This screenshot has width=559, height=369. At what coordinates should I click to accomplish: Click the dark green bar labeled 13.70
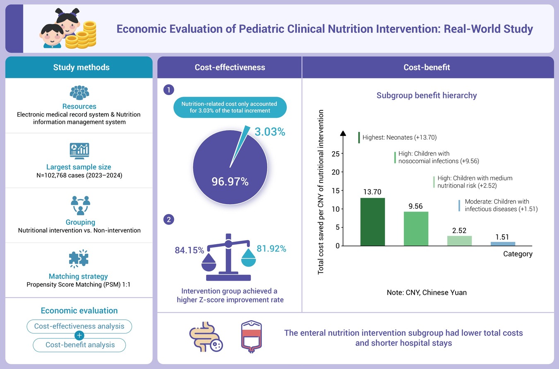372,222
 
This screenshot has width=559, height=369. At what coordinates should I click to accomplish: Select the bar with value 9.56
416,229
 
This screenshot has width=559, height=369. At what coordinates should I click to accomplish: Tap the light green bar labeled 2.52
459,240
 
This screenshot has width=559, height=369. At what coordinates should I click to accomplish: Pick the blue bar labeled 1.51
503,244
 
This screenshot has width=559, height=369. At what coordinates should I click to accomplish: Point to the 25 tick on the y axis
336,154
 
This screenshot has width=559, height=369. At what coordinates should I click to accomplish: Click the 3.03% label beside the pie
270,132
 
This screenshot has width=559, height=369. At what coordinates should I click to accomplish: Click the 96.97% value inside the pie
230,181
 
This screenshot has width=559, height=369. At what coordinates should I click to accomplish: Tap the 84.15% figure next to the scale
190,250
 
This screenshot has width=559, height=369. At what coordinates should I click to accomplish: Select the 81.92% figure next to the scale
271,248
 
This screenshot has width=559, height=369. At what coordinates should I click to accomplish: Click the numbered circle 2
169,219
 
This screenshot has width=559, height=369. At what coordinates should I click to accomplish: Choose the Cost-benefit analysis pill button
79,345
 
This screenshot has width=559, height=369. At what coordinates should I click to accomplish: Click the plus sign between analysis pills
79,336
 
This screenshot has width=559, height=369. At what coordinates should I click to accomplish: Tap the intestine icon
206,337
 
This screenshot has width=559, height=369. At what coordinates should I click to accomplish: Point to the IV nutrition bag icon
251,336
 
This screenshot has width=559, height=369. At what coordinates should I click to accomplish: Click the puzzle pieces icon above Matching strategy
79,259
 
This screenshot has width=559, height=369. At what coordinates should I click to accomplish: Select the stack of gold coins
81,36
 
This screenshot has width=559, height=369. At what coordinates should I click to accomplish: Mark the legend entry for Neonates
398,138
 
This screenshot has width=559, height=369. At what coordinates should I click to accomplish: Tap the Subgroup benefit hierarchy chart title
427,95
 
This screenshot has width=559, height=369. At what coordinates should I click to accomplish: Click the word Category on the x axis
518,254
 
